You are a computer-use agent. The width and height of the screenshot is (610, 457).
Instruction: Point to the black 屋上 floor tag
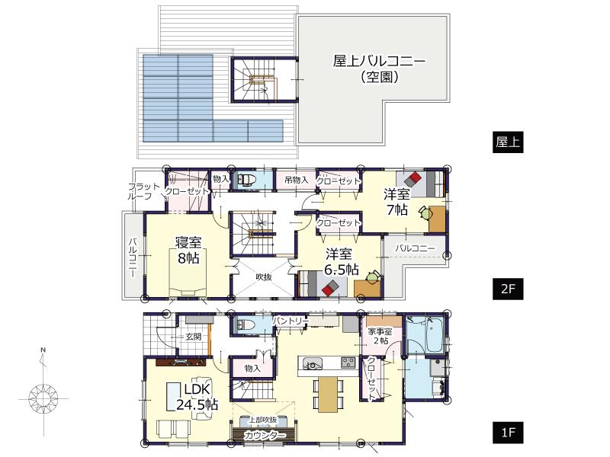point(509,142)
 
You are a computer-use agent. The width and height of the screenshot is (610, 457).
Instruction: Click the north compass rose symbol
point(44,398)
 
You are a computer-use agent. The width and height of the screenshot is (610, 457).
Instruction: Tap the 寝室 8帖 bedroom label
point(188,251)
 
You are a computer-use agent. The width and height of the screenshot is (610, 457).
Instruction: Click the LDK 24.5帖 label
point(197,396)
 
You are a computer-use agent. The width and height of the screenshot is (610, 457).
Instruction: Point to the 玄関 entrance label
point(191,336)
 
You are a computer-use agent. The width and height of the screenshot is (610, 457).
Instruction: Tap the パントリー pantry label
point(287,321)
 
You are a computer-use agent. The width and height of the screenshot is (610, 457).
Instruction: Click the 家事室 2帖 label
point(378,336)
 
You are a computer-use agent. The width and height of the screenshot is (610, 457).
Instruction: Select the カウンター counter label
point(265,436)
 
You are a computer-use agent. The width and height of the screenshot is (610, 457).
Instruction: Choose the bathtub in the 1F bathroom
point(425,335)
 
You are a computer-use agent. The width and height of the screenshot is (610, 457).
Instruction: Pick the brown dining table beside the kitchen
point(326,392)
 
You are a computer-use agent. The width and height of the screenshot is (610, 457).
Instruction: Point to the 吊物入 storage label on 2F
point(295,180)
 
